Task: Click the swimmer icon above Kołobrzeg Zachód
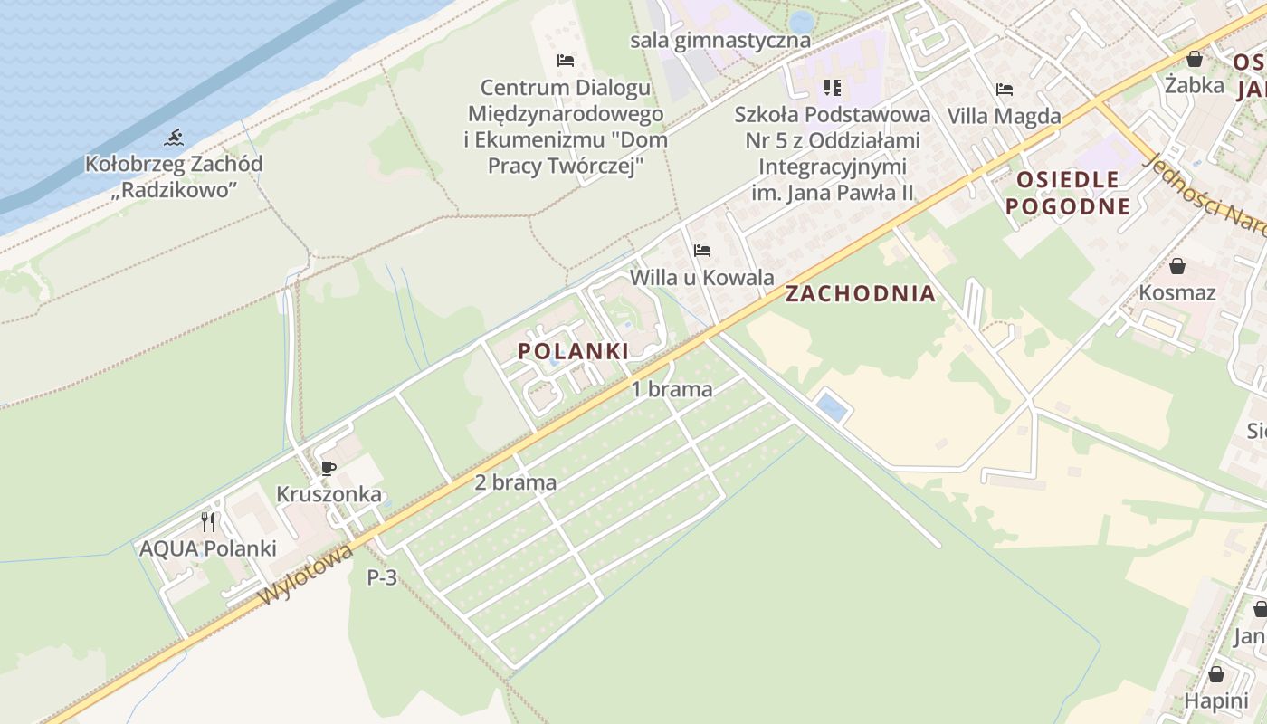(174, 138)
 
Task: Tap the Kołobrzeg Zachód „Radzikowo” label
(174, 177)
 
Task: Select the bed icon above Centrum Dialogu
(566, 61)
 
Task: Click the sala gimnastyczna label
(720, 41)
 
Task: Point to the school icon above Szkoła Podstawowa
(833, 88)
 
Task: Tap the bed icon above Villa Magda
(1004, 90)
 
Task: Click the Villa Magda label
(1004, 116)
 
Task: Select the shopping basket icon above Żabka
(1195, 60)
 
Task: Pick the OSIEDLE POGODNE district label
(1068, 193)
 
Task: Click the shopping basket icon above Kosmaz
(1177, 266)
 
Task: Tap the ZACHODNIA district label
(860, 293)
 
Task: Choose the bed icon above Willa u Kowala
(702, 251)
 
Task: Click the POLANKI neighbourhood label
(574, 351)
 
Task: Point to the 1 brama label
(672, 389)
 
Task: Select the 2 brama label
(515, 482)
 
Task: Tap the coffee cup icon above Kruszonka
(329, 468)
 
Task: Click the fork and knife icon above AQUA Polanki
(208, 522)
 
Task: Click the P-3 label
(382, 577)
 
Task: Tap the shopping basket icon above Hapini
(1216, 675)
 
